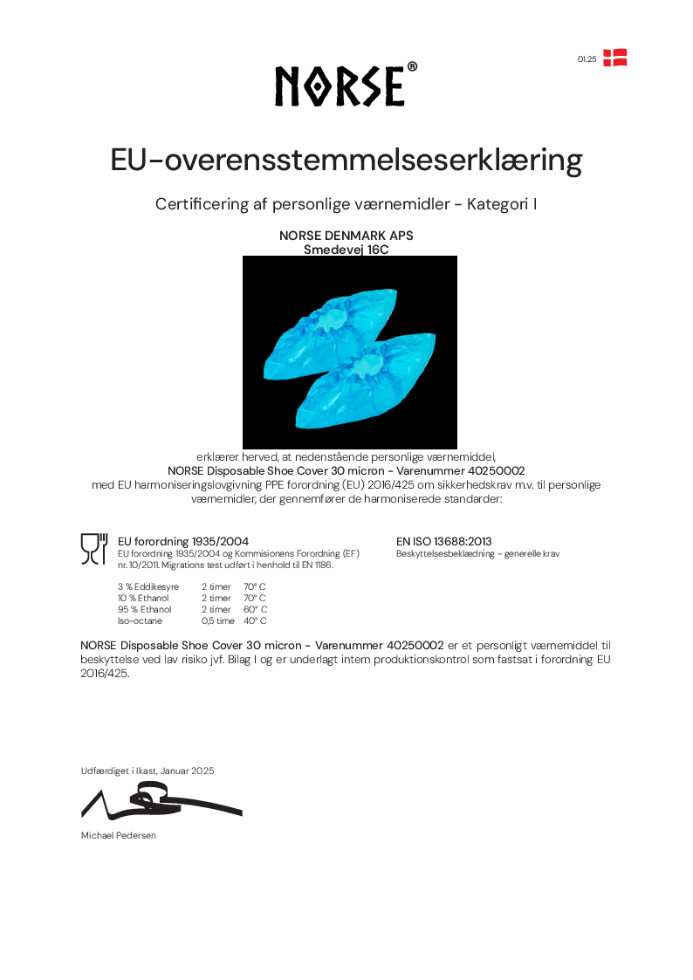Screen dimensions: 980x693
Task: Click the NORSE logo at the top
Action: tap(346, 86)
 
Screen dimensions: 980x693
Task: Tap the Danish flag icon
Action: tap(615, 58)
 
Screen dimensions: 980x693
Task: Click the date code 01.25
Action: tap(587, 59)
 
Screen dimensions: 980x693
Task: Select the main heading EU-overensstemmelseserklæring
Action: tap(346, 161)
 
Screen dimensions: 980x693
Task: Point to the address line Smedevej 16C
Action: tap(346, 249)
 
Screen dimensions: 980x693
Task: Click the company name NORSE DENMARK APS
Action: tap(346, 236)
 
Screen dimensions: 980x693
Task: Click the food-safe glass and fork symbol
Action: tap(94, 547)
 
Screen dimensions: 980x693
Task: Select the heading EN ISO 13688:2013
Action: tap(443, 542)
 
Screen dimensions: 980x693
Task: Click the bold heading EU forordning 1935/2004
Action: tap(183, 542)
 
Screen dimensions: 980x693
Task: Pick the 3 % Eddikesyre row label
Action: tap(148, 587)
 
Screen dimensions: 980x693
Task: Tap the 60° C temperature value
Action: tap(255, 610)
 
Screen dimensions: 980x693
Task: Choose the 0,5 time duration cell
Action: tap(218, 621)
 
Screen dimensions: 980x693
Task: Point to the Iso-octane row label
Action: tap(140, 621)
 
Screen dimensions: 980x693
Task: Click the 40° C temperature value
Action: tap(255, 621)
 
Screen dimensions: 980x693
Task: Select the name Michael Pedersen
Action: tap(118, 836)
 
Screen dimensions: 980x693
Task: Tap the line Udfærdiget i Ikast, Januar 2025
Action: tap(148, 771)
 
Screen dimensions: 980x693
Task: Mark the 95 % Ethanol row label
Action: tap(145, 610)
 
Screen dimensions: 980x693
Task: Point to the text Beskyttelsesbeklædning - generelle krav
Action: tap(477, 554)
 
